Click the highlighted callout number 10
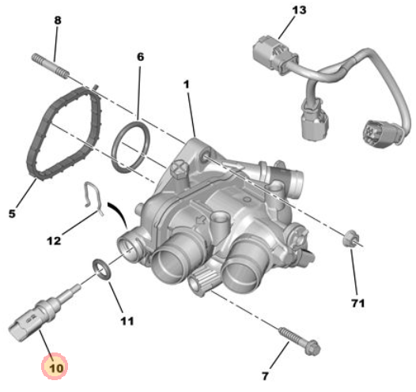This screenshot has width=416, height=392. pos(56,367)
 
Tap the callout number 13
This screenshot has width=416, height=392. pos(299,10)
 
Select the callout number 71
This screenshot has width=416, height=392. pos(358,303)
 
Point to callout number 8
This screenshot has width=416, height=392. pos(58,21)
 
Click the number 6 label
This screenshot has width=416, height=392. pos(140,57)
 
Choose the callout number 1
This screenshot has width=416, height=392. pos(187,85)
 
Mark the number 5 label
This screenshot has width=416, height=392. pos(12,213)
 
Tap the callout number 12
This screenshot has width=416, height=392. pos(54,241)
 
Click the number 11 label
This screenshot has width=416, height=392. pos(127,321)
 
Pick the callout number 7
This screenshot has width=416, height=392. pos(265,376)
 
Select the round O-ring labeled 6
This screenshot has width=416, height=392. pos(130,146)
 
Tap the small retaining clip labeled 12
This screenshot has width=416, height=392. pos(93,198)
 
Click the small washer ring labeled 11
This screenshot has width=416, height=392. pos(101,269)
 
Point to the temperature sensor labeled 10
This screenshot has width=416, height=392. pos(43,314)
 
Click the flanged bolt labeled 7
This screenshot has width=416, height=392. pos(300,341)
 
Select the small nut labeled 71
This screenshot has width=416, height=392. pos(350,238)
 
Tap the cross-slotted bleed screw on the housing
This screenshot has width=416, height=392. pos(180,170)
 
